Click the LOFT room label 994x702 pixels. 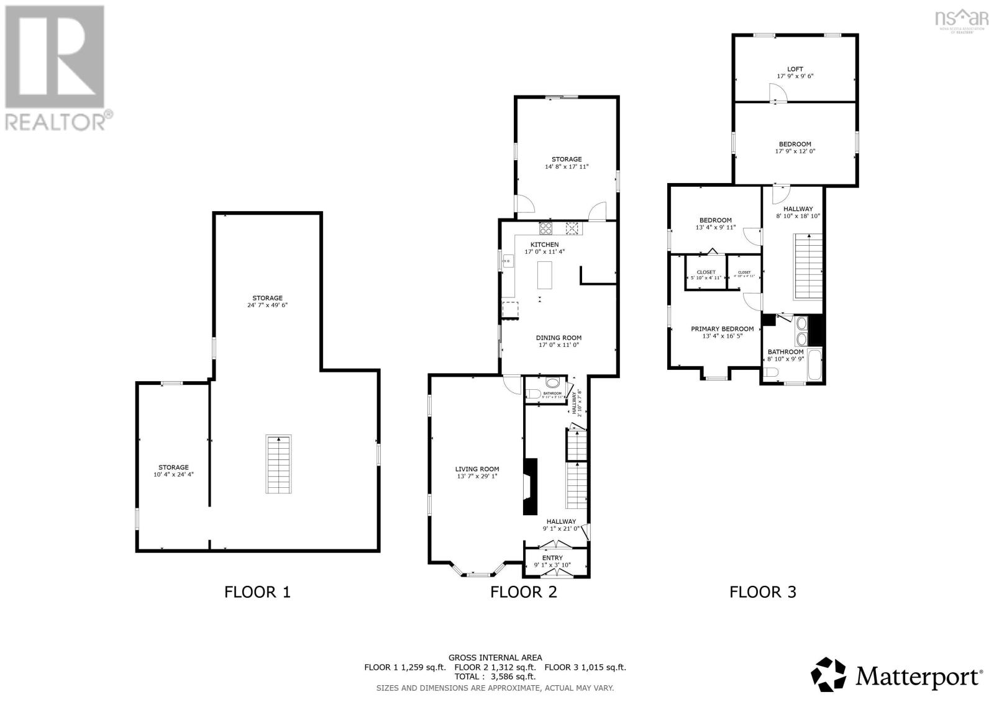click(x=795, y=70)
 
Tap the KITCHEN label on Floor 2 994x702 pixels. click(x=544, y=245)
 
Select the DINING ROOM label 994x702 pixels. click(x=559, y=338)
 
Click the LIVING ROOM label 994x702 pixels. click(x=476, y=469)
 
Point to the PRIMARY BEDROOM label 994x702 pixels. click(x=722, y=329)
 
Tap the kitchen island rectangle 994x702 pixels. click(x=545, y=274)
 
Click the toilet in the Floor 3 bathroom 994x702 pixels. click(x=772, y=372)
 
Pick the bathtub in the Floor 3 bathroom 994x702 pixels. click(x=813, y=365)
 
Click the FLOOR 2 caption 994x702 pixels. click(x=524, y=592)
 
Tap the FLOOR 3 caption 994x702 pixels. click(x=763, y=592)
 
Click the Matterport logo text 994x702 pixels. click(x=919, y=675)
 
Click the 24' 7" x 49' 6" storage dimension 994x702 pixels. click(x=267, y=305)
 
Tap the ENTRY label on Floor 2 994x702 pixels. click(x=552, y=558)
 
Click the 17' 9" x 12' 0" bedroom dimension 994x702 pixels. click(x=795, y=151)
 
